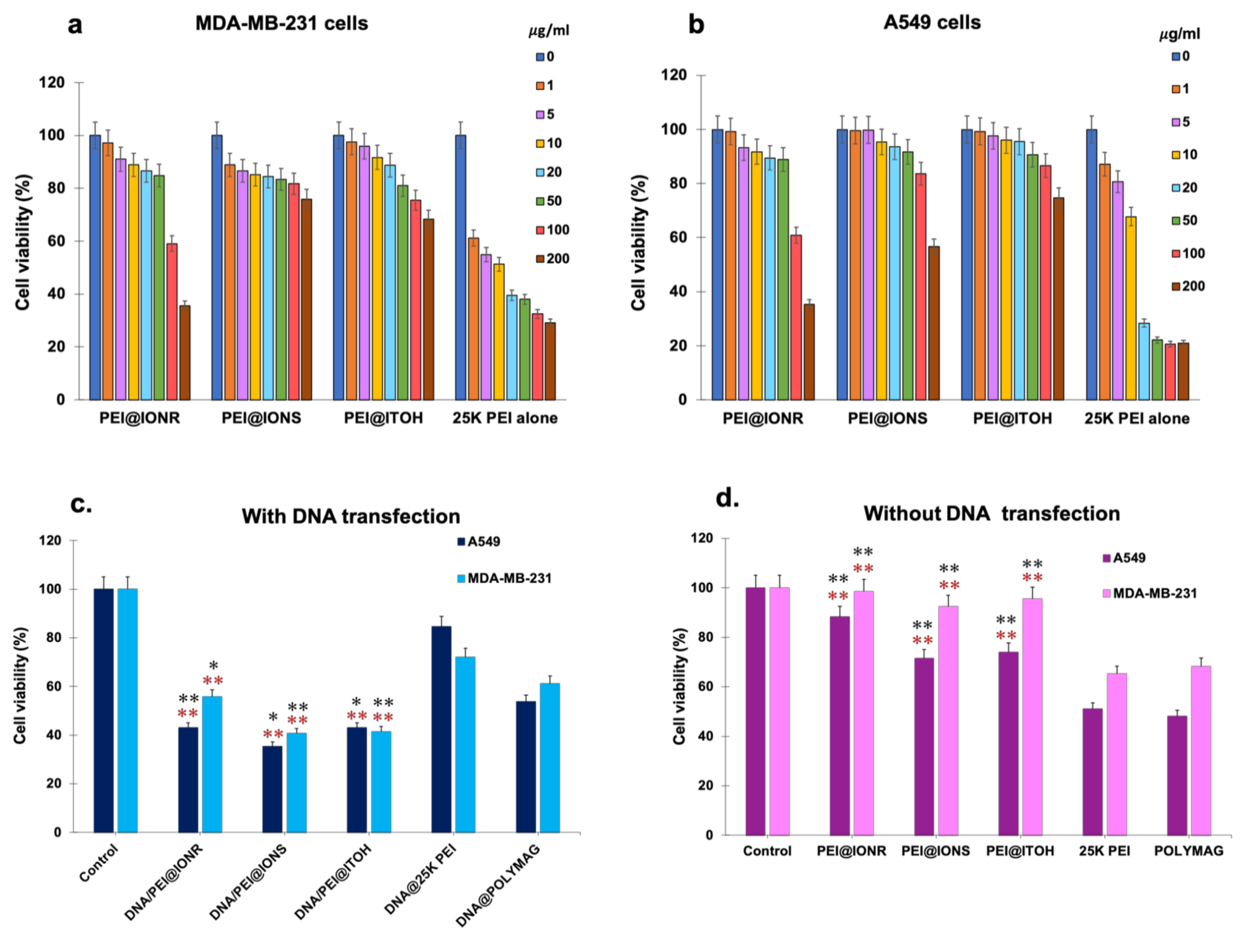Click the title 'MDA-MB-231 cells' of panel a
282,24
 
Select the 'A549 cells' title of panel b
932,22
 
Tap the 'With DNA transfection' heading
351,516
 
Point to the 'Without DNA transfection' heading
991,513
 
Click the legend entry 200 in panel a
552,259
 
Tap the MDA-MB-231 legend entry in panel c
505,578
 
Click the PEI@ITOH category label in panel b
1012,418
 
